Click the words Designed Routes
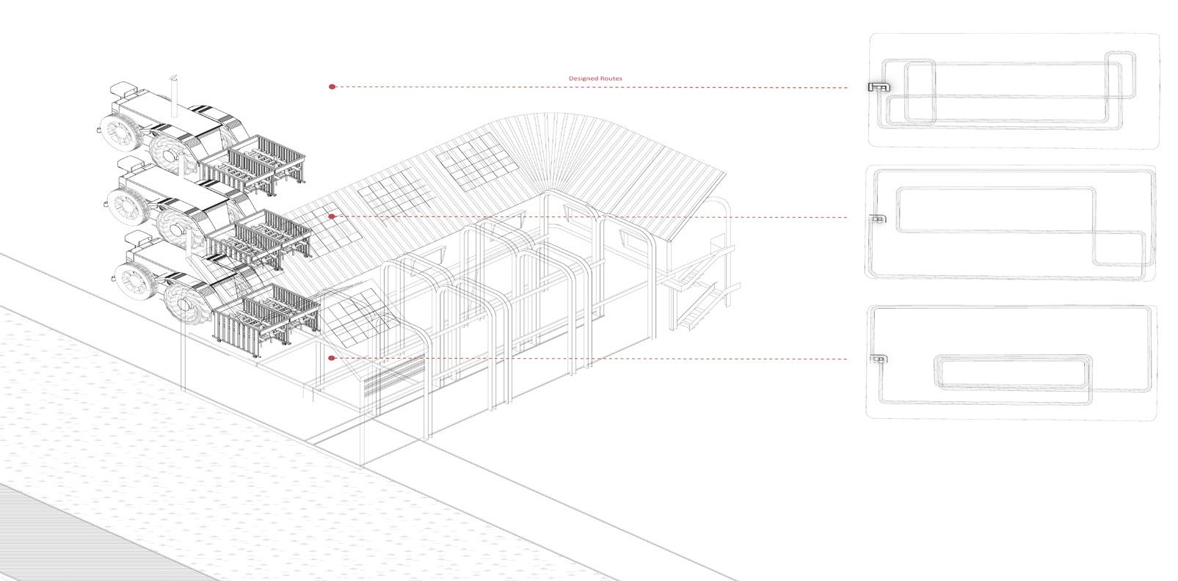pyautogui.click(x=595, y=78)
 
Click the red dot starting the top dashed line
pyautogui.click(x=332, y=87)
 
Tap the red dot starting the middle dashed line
pyautogui.click(x=332, y=216)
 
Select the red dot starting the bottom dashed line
pyautogui.click(x=332, y=358)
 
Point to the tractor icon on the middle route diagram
pyautogui.click(x=877, y=219)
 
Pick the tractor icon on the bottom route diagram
pyautogui.click(x=877, y=359)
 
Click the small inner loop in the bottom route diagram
pyautogui.click(x=1013, y=371)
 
